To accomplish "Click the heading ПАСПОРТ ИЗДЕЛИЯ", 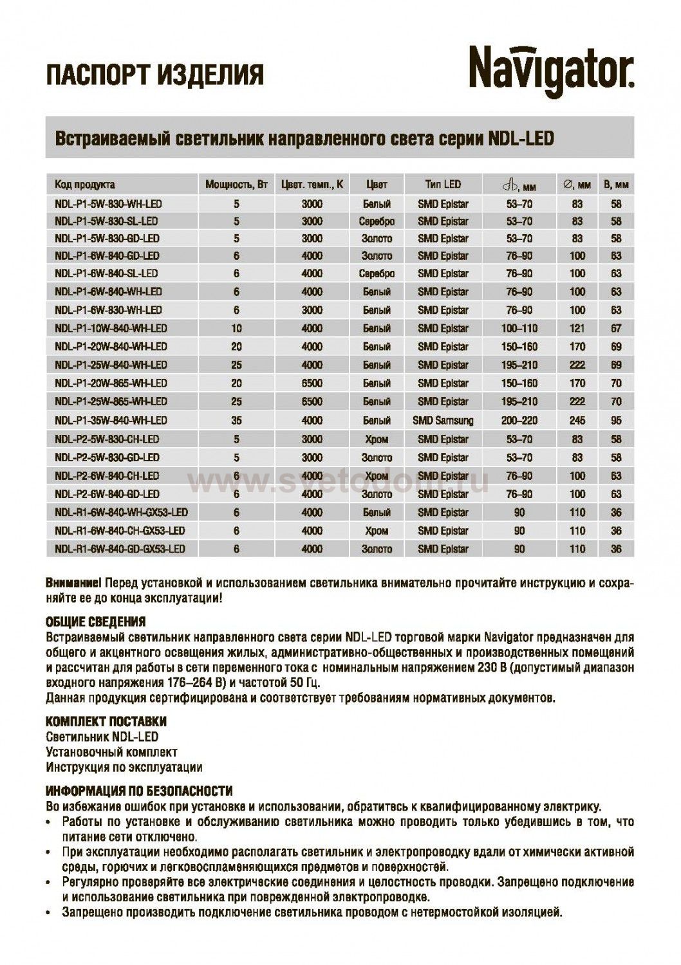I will [154, 75].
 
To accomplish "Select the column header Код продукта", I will [85, 185].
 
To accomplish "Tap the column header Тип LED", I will [443, 185].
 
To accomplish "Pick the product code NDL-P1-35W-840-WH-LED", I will [111, 421].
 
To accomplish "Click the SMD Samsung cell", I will [443, 421].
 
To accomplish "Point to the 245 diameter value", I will [577, 421].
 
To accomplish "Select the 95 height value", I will [616, 421].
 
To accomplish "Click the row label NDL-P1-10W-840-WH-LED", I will [111, 328].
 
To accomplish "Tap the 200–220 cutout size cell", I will [519, 421].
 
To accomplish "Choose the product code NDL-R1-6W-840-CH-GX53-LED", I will [120, 531].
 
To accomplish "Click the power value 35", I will [236, 421].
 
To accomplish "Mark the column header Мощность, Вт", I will [236, 185].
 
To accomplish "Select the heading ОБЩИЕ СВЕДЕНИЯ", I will [96, 622].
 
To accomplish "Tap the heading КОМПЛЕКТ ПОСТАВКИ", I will [106, 721].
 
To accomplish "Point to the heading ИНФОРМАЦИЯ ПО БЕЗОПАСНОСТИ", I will [139, 791].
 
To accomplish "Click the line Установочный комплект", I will [111, 752].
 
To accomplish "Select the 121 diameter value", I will [577, 328].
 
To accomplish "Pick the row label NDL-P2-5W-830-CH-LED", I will [107, 439].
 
